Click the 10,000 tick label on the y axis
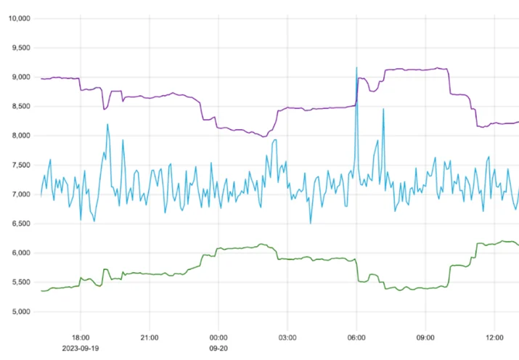coord(19,19)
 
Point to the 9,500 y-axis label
coord(21,48)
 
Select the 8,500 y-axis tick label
coord(21,107)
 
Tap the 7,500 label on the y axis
coord(21,165)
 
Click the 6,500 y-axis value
coord(21,224)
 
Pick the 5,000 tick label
coord(21,311)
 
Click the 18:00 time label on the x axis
coord(81,337)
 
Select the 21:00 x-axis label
coord(150,337)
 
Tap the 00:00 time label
coord(218,337)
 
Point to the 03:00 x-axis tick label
coord(287,337)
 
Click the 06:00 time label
coord(356,337)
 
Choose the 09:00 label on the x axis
coord(425,337)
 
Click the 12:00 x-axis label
coord(494,337)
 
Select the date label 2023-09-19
coord(81,348)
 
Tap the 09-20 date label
coord(218,348)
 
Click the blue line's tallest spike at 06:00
coord(356,67)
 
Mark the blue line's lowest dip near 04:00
coord(311,223)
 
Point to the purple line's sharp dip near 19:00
coord(104,109)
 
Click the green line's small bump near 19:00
coord(105,269)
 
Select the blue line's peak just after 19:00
coord(107,124)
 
